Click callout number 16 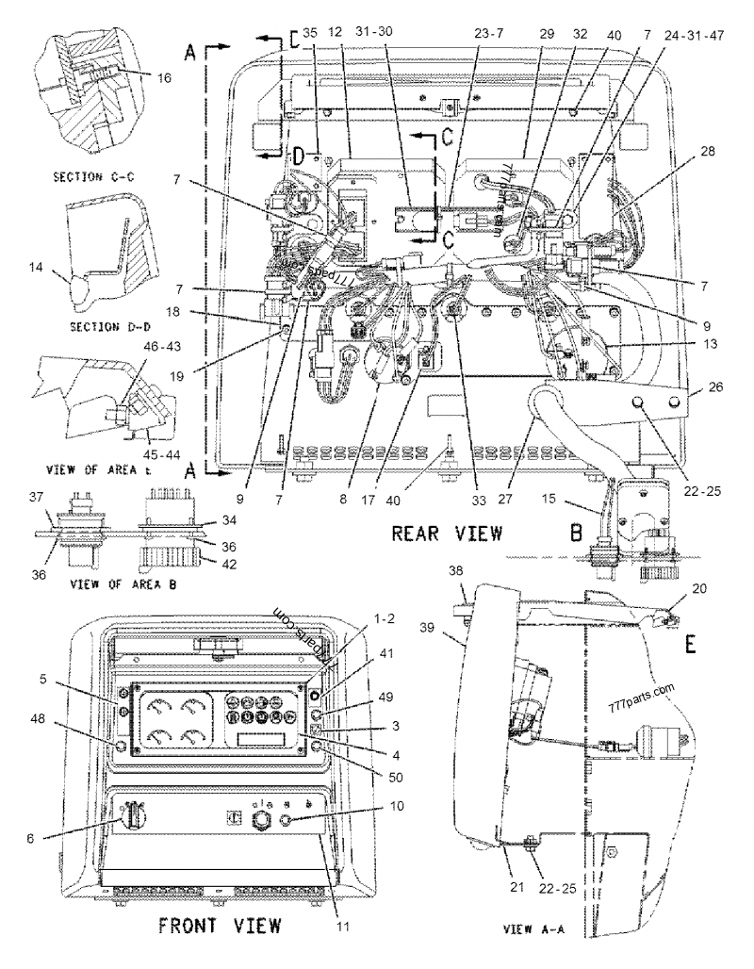(164, 79)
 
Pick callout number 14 (35, 269)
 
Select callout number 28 (708, 152)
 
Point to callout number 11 (343, 927)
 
